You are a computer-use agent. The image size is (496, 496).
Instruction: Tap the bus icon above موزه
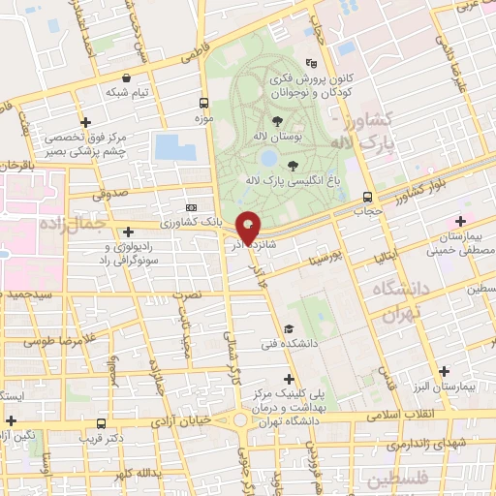[203, 103]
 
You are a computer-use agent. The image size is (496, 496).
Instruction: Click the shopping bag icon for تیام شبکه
[127, 78]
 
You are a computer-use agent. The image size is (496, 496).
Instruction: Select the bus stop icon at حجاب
[365, 197]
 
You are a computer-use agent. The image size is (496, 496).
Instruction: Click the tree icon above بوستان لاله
[278, 121]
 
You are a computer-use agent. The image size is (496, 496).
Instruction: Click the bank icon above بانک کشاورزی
[191, 208]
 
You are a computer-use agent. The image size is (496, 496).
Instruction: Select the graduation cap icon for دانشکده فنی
[288, 329]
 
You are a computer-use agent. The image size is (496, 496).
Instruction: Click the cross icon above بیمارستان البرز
[444, 371]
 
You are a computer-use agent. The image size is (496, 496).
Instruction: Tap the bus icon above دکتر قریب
[103, 423]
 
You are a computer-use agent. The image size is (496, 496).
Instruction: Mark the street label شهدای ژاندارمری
[408, 443]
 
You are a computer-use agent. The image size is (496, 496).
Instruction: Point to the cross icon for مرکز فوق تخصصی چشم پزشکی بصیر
[86, 123]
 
